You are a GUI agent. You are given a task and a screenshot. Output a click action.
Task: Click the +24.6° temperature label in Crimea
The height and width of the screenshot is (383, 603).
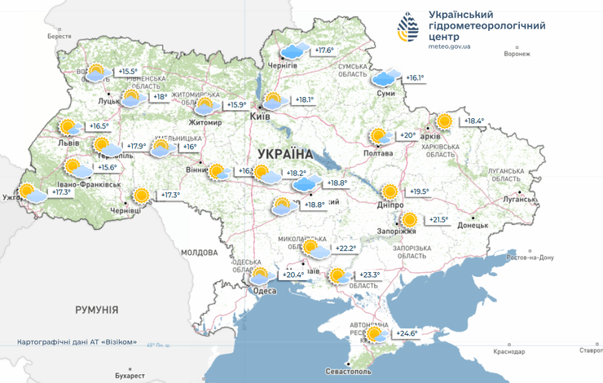407,333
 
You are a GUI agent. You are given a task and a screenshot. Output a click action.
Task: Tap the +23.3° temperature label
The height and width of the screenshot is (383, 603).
369,275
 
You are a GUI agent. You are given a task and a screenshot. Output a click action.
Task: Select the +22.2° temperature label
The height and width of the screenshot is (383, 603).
346,249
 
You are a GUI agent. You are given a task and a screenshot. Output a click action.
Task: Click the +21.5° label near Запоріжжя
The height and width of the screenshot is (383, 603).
438,220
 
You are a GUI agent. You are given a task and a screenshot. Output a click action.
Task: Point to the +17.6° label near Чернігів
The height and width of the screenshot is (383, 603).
324,51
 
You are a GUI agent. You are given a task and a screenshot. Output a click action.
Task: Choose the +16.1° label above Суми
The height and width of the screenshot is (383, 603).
415,78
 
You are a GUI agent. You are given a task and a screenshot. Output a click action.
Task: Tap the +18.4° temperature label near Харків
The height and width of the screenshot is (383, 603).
473,121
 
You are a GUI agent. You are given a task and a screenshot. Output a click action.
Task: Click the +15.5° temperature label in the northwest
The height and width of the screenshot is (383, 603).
129,72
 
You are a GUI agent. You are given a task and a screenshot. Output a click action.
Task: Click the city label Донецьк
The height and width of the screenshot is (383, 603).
473,225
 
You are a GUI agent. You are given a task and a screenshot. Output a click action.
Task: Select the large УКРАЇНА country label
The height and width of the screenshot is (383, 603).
284,153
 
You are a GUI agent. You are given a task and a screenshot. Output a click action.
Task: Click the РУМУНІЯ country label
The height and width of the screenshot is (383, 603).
96,310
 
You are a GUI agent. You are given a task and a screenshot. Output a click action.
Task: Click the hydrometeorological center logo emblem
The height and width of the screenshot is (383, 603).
409,29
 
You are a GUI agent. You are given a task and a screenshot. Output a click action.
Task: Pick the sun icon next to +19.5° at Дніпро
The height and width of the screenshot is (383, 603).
390,192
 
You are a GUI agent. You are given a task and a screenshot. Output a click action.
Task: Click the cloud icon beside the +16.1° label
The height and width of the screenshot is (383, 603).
385,78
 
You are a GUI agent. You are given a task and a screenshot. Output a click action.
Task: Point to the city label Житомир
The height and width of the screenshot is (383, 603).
205,123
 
